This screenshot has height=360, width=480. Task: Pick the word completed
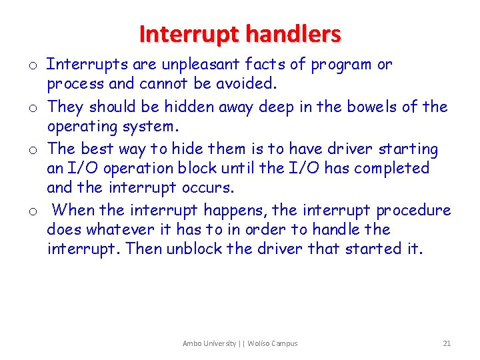coord(392,168)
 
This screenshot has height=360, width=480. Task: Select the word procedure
coord(413,211)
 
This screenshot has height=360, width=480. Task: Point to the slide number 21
coord(447,343)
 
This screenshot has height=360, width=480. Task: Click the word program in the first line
coord(341,65)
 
